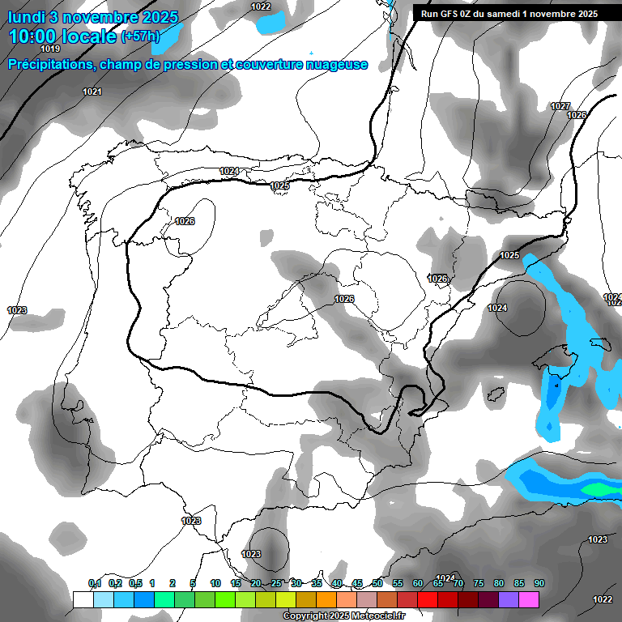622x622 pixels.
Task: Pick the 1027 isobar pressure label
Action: [x=560, y=106]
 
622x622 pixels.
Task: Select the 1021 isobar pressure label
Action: [x=92, y=92]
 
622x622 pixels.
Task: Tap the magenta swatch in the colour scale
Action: [x=529, y=599]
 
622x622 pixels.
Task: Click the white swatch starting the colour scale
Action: [x=83, y=599]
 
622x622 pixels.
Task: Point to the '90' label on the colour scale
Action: [x=539, y=583]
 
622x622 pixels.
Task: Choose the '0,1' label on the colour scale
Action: [x=95, y=583]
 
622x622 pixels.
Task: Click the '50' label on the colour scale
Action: [x=377, y=583]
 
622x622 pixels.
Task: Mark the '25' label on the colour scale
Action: [x=276, y=583]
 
